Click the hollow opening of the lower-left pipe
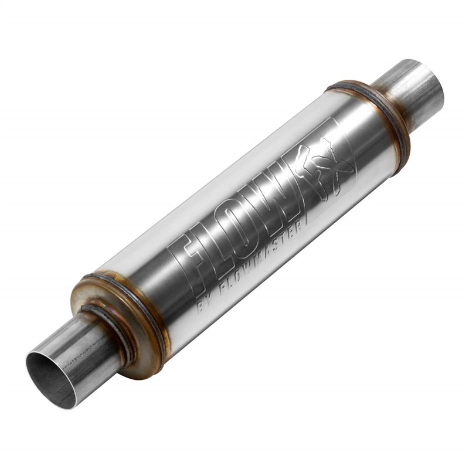pos(52,379)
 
